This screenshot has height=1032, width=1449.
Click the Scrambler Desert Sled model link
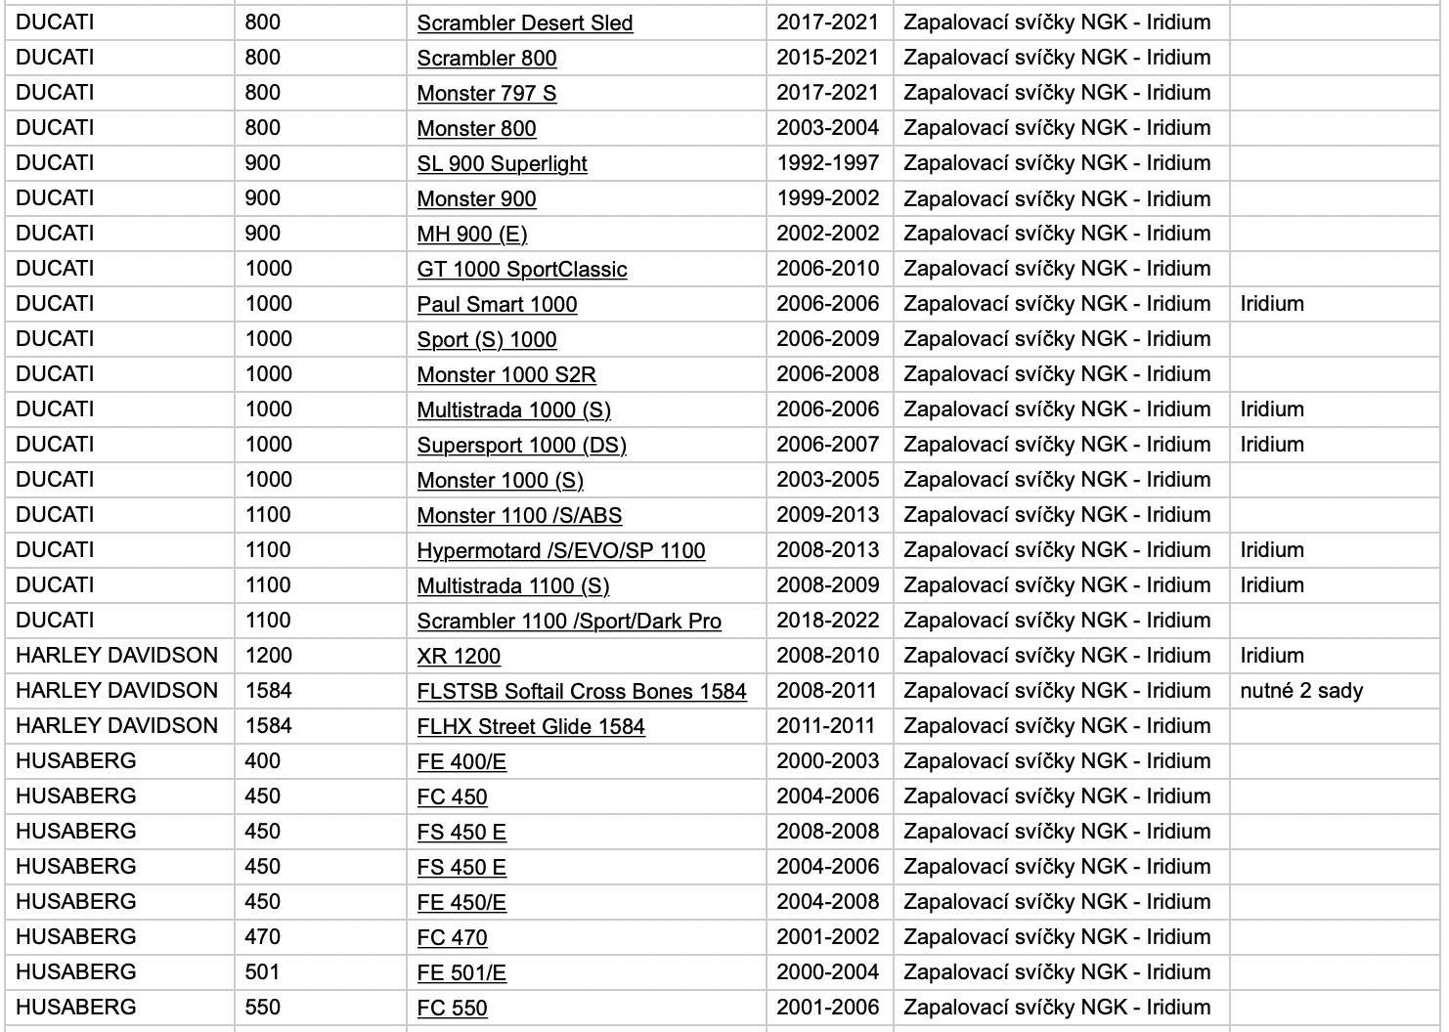point(524,22)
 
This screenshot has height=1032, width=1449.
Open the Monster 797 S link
point(486,93)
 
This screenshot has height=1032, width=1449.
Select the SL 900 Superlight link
point(502,163)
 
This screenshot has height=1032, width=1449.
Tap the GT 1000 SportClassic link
point(521,269)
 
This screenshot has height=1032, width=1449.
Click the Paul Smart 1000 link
point(497,304)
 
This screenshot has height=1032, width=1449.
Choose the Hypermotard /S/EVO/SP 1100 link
point(560,550)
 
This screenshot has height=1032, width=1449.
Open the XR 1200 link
point(459,656)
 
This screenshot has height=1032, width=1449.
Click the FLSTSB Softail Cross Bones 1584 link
point(581,691)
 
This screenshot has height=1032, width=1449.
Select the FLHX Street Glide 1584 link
point(530,726)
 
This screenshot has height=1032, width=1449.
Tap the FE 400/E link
point(461,761)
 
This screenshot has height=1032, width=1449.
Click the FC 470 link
point(452,937)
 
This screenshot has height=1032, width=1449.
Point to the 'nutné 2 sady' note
point(1300,691)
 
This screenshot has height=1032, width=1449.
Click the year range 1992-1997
point(827,163)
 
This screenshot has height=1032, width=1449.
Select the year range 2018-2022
point(827,621)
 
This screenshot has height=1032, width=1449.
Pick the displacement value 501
point(262,972)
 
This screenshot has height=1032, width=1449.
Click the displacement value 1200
point(268,656)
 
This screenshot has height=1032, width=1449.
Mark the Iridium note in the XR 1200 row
point(1271,656)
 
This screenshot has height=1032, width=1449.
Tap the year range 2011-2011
point(826,726)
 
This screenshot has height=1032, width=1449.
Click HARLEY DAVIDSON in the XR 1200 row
point(116,656)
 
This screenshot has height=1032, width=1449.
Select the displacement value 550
point(262,1008)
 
